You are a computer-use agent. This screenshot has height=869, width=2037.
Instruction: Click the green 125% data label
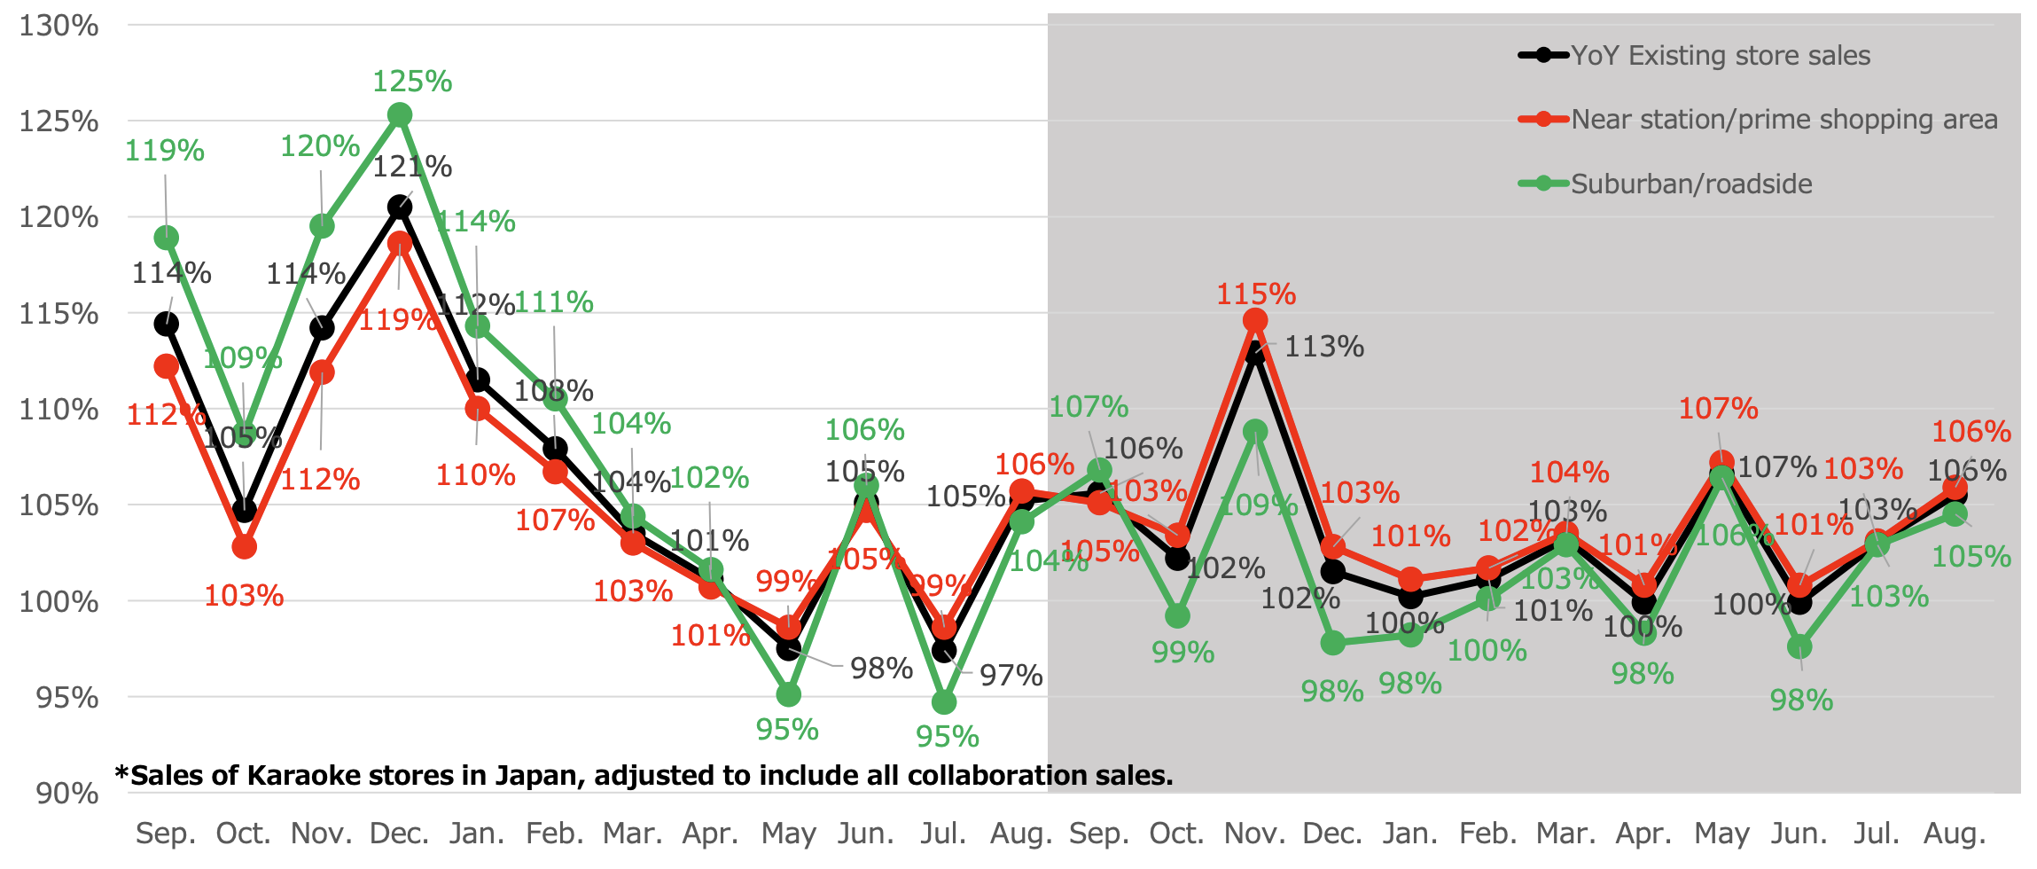pyautogui.click(x=412, y=82)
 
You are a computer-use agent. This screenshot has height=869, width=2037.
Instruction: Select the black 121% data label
pyautogui.click(x=412, y=167)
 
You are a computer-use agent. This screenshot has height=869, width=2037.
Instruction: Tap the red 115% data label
pyautogui.click(x=1256, y=294)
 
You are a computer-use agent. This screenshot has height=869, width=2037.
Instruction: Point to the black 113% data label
pyautogui.click(x=1324, y=347)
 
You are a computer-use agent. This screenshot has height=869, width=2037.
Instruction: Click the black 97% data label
pyautogui.click(x=1011, y=676)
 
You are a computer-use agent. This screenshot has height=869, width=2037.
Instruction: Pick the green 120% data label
pyautogui.click(x=320, y=146)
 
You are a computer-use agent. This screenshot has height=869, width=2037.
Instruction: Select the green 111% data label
pyautogui.click(x=554, y=302)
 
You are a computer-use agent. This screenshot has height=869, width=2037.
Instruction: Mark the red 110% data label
pyautogui.click(x=476, y=475)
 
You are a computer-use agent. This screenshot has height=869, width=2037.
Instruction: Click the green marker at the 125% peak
pyautogui.click(x=400, y=115)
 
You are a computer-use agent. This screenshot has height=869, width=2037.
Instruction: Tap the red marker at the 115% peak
pyautogui.click(x=1255, y=321)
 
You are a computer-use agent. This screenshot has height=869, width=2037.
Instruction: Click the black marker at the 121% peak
pyautogui.click(x=400, y=207)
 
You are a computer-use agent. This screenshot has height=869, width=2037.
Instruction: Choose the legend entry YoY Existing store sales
pyautogui.click(x=1721, y=56)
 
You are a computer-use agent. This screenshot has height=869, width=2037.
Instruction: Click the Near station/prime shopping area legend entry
pyautogui.click(x=1784, y=120)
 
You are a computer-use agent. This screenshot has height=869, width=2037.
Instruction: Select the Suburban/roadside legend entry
pyautogui.click(x=1691, y=184)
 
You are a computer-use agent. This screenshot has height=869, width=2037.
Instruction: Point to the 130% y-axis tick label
pyautogui.click(x=59, y=26)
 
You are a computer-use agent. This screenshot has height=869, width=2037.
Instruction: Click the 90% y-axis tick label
pyautogui.click(x=67, y=794)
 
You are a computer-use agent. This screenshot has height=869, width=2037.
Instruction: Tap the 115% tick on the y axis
pyautogui.click(x=59, y=314)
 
